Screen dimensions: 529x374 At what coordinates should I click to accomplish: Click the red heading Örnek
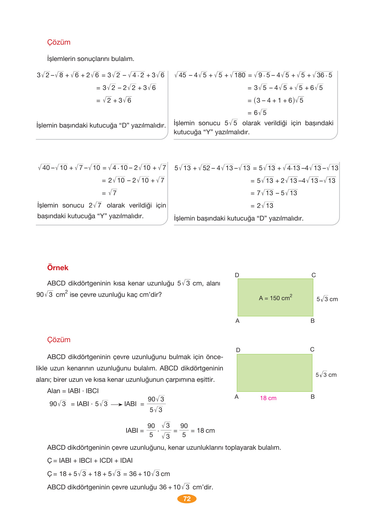pos(58,268)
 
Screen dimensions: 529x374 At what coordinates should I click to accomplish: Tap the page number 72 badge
pos(187,499)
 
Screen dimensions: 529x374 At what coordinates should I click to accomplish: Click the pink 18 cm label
pos(268,398)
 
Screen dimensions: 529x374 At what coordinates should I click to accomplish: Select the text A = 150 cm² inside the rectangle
pos(275,298)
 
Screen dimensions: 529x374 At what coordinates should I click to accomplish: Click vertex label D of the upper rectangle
pos(237,275)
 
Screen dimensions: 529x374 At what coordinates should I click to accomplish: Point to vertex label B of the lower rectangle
pos(312,397)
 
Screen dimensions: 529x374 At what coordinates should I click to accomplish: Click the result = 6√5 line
pos(257,113)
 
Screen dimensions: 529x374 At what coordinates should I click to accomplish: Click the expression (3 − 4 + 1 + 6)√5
pos(278,100)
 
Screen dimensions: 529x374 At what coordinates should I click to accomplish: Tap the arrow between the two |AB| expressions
pos(117,404)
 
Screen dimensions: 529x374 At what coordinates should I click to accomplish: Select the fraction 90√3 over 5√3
pos(156,404)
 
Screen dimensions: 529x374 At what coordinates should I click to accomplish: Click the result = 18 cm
pos(203,431)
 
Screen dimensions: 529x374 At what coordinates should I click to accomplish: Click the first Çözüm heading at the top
pos(59,42)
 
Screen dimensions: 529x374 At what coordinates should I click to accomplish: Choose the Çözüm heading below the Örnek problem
pos(59,340)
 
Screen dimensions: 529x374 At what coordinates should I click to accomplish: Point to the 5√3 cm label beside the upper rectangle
pos(327,299)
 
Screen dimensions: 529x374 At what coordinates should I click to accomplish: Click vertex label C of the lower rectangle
pos(312,349)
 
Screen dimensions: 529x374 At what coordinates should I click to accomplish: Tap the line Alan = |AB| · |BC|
pos(73,391)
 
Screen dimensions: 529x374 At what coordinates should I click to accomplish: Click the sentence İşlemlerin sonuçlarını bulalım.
pos(91,59)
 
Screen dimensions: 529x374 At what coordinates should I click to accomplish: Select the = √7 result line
pos(110,193)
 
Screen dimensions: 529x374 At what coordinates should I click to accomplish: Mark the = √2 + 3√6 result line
pos(114,100)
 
